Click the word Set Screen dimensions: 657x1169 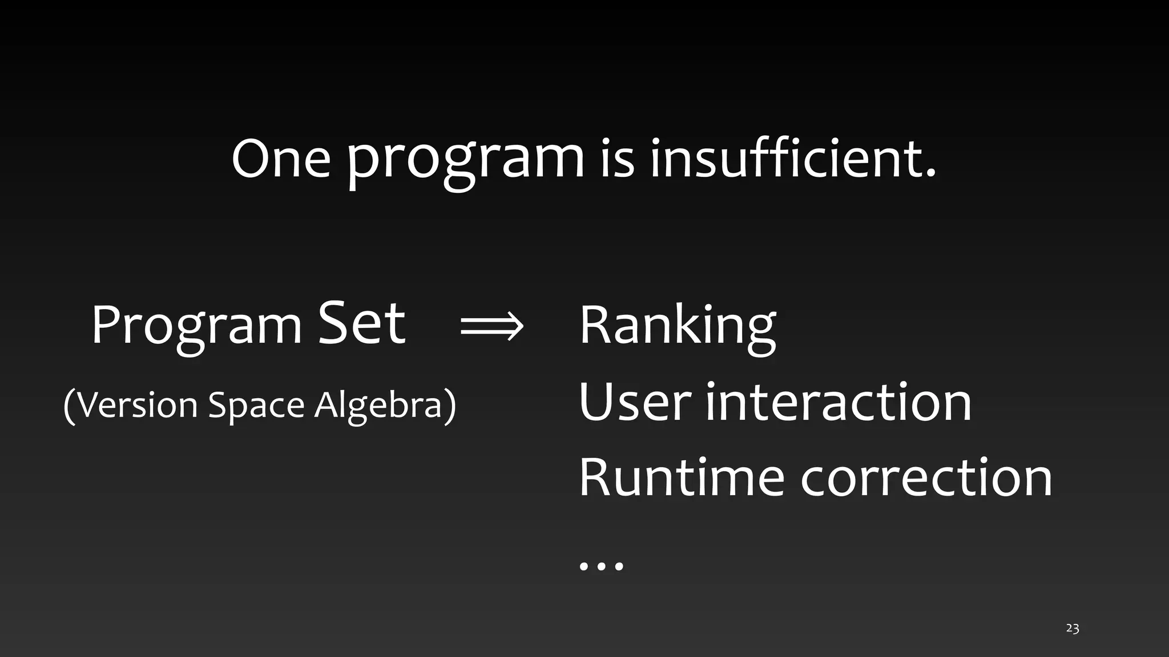coord(361,323)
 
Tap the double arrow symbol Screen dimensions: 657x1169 coord(491,327)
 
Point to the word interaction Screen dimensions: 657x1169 coord(839,402)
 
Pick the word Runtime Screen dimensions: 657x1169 coord(682,477)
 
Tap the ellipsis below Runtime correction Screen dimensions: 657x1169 coord(601,566)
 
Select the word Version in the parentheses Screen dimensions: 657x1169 coord(137,405)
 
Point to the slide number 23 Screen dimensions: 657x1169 coord(1072,628)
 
